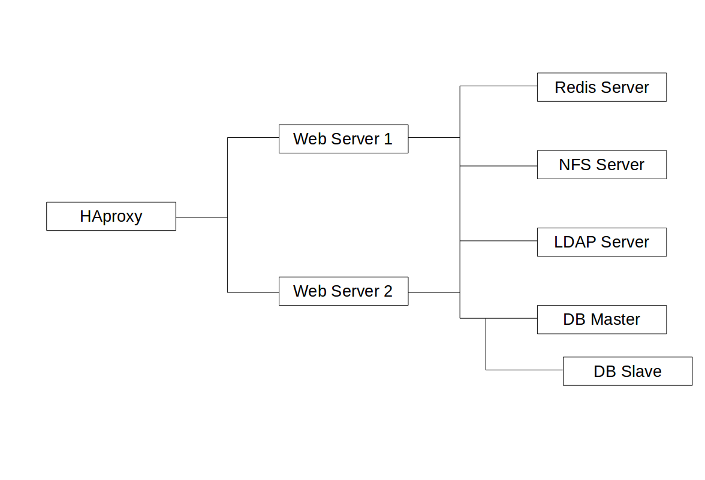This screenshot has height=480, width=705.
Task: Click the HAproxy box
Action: tap(111, 216)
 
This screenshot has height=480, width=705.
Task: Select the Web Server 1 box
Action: tap(344, 139)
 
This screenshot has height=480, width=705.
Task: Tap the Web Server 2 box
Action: tap(344, 291)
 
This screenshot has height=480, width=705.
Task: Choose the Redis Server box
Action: tap(601, 87)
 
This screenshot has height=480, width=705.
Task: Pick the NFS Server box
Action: tap(601, 165)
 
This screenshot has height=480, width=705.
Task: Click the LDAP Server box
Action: tap(601, 242)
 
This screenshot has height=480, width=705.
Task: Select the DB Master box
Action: tap(601, 319)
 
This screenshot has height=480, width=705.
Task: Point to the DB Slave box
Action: tap(627, 372)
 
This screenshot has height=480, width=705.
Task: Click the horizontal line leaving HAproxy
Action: tap(201, 218)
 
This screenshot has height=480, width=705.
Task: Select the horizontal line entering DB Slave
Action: tap(524, 370)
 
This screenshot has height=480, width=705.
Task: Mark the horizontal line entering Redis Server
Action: tap(498, 86)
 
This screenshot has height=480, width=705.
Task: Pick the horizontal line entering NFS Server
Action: tap(498, 165)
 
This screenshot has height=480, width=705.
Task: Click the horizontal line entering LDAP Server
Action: tap(498, 241)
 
